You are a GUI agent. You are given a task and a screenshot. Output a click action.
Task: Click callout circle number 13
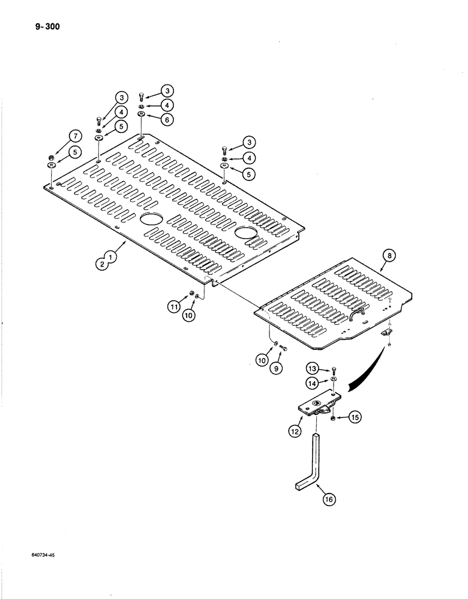[312, 368]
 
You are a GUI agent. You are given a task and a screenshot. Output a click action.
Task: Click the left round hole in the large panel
[151, 220]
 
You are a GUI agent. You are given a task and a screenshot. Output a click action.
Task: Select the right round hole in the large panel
[246, 232]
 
